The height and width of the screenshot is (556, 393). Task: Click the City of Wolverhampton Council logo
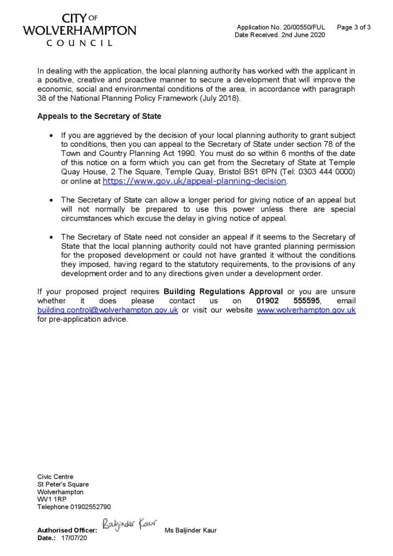point(79,30)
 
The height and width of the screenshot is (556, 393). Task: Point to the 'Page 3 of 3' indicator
point(354,27)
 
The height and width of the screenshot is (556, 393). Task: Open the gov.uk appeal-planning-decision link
point(194,181)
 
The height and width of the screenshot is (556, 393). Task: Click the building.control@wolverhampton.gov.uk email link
point(107,310)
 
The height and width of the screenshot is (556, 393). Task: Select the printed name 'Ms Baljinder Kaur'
point(190,530)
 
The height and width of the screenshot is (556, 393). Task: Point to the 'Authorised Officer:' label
point(67,530)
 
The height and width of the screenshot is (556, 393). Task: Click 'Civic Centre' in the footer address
point(55,477)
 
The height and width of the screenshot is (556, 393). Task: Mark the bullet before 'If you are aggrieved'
point(51,135)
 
